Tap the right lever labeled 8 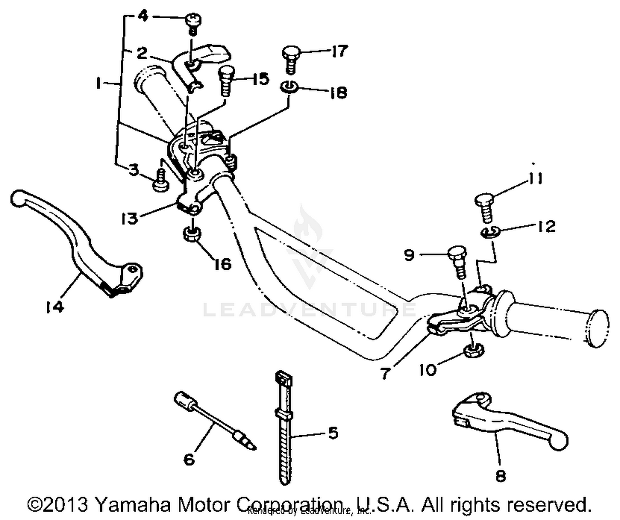(x=508, y=422)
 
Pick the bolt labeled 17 (x=292, y=58)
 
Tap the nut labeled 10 (x=471, y=351)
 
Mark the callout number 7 (x=385, y=374)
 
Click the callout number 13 (x=130, y=218)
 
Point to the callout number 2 (x=141, y=53)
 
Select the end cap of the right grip (x=597, y=328)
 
